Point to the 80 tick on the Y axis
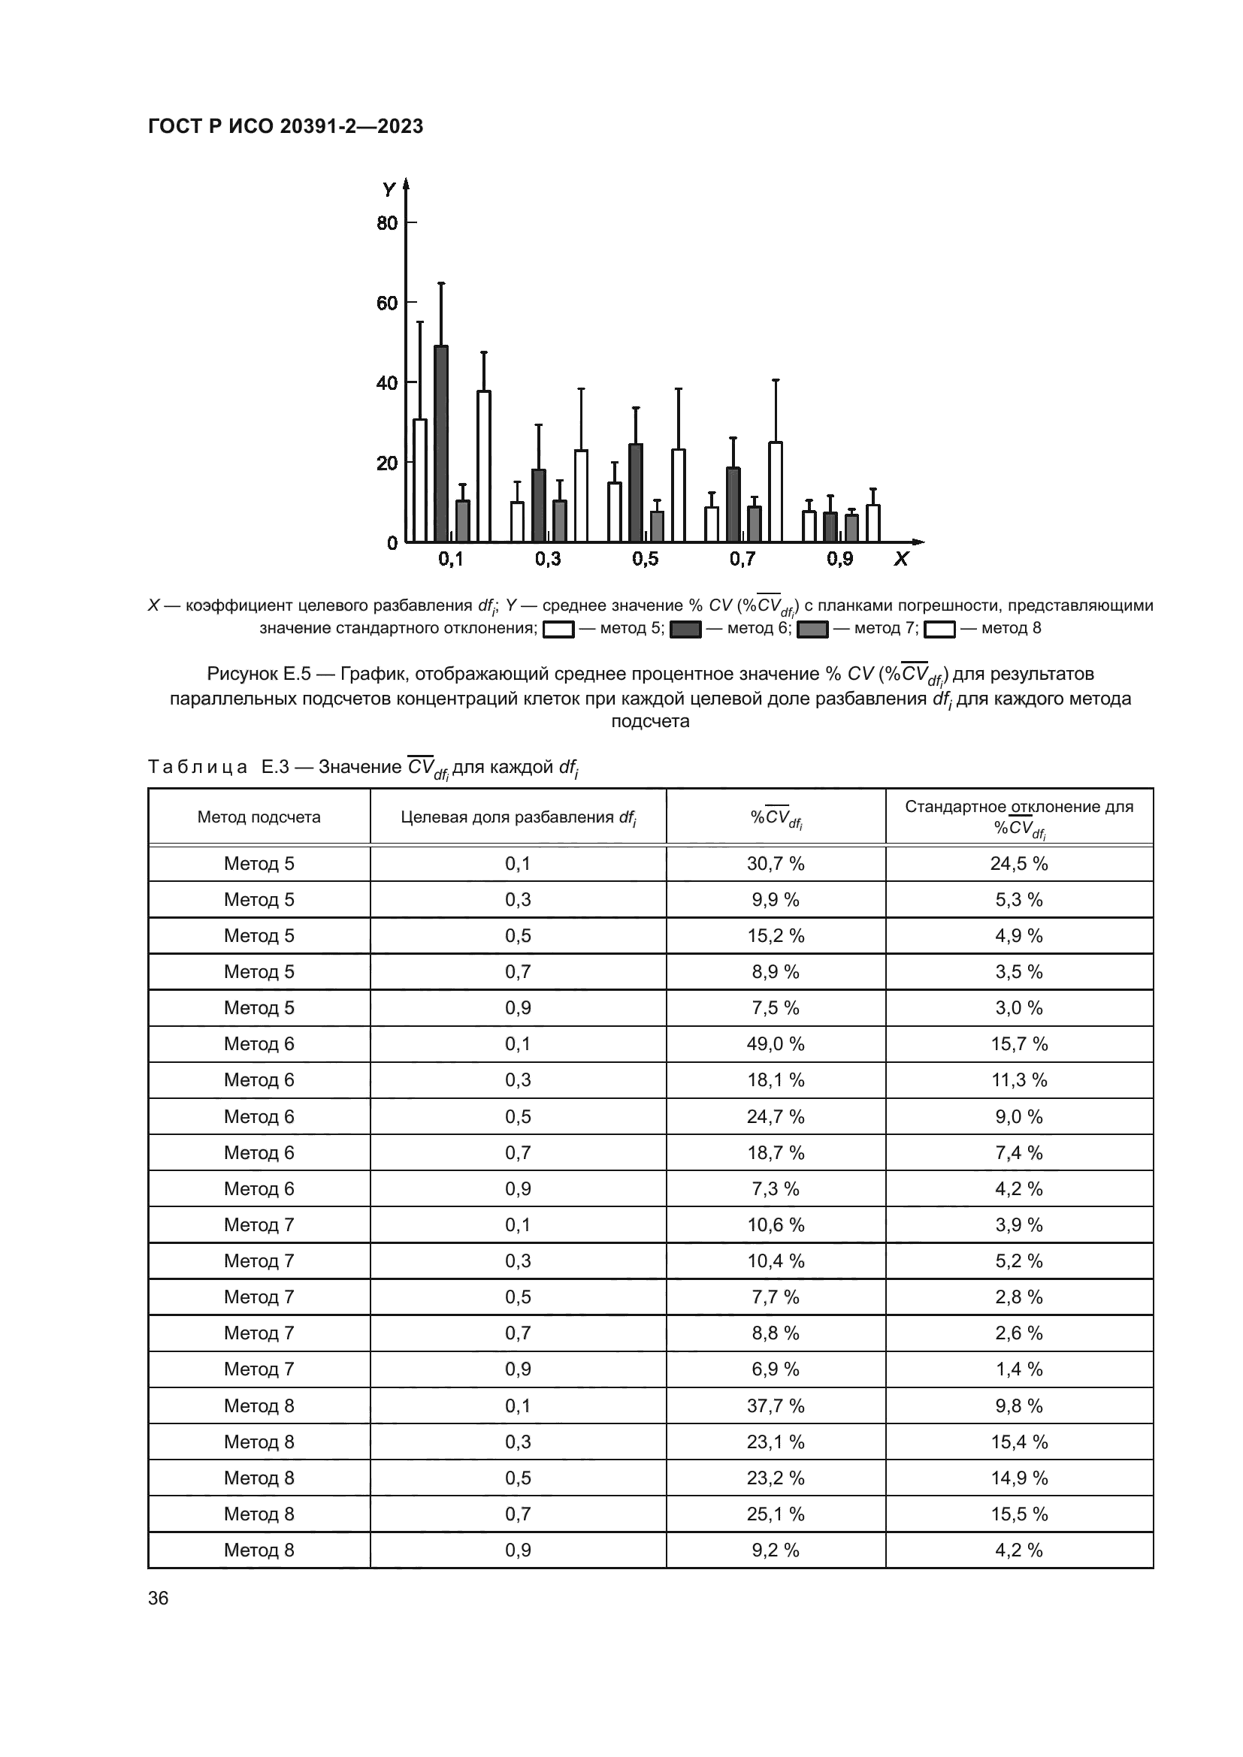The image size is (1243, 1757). pyautogui.click(x=410, y=222)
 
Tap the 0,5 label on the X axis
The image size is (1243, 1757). pyautogui.click(x=646, y=560)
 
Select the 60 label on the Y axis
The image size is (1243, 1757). pyautogui.click(x=387, y=303)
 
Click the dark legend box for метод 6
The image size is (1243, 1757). pyautogui.click(x=685, y=629)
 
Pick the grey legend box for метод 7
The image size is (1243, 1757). pyautogui.click(x=812, y=629)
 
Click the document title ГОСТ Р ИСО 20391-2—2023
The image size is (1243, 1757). pyautogui.click(x=286, y=127)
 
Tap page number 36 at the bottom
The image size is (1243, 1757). pyautogui.click(x=159, y=1598)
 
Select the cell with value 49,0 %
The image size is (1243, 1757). pyautogui.click(x=776, y=1044)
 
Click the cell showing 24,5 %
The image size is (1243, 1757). pyautogui.click(x=1019, y=863)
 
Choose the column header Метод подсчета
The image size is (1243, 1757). pyautogui.click(x=259, y=817)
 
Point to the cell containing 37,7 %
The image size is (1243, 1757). pyautogui.click(x=776, y=1405)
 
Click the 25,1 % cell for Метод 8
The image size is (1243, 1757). pyautogui.click(x=776, y=1514)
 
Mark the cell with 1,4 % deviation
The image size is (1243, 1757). pyautogui.click(x=1019, y=1369)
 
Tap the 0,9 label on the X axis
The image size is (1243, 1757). pyautogui.click(x=839, y=560)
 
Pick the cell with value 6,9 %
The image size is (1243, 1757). pyautogui.click(x=776, y=1369)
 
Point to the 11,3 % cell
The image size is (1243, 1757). pyautogui.click(x=1019, y=1079)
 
